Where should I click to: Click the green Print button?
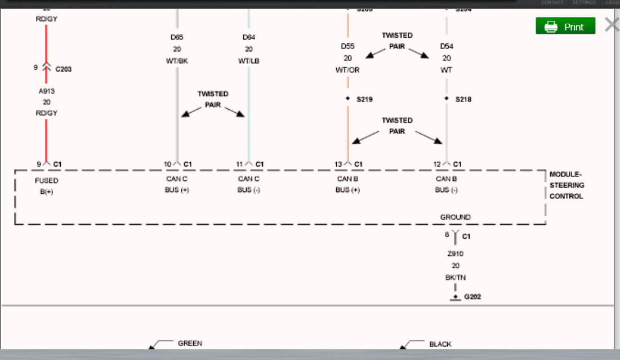(x=565, y=26)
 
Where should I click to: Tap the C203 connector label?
(x=63, y=69)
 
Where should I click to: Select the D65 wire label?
(x=177, y=37)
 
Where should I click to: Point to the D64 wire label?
(x=249, y=37)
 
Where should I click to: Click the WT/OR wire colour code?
(x=347, y=70)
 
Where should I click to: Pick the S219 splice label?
(x=364, y=99)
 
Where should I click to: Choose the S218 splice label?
(x=463, y=99)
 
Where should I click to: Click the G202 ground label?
(x=472, y=297)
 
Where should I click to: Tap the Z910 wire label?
(x=455, y=254)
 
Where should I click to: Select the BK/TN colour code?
(x=455, y=278)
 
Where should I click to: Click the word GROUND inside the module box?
(x=455, y=217)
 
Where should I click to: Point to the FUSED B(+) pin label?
(x=46, y=186)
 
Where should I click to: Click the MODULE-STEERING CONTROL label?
(x=567, y=185)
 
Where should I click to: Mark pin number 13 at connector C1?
(x=338, y=164)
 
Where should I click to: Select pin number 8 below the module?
(x=447, y=234)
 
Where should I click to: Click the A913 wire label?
(x=47, y=91)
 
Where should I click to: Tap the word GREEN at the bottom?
(x=190, y=343)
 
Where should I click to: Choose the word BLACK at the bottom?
(x=440, y=344)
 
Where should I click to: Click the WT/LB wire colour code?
(x=249, y=61)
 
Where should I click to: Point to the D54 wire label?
(x=447, y=46)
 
